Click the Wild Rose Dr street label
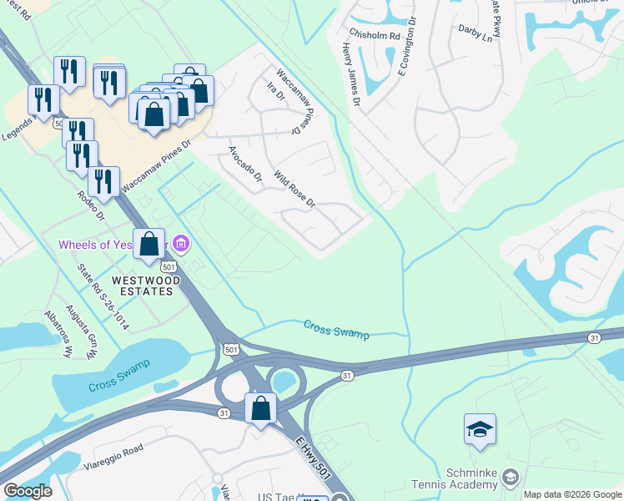(x=294, y=190)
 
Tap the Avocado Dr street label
(x=245, y=164)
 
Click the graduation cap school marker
(x=480, y=429)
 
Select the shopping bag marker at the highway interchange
(x=261, y=408)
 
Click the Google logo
(x=27, y=491)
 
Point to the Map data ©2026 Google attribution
(x=572, y=494)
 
